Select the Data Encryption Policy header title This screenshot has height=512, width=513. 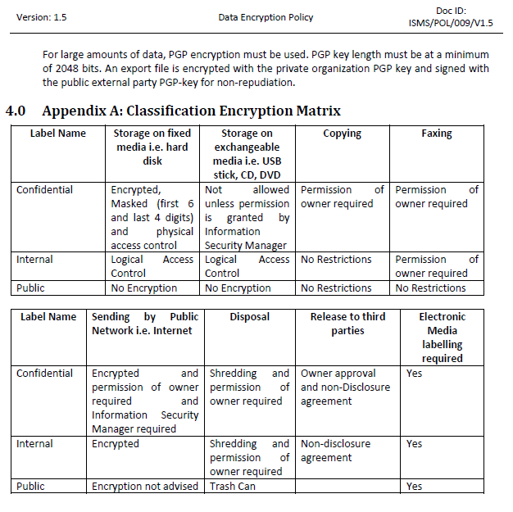(x=266, y=17)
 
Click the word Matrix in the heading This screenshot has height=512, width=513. (x=313, y=111)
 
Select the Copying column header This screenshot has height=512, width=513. (x=342, y=133)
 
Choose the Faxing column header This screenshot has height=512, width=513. (x=437, y=133)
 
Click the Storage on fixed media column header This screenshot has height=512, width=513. (x=152, y=147)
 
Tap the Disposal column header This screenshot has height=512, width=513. (x=249, y=316)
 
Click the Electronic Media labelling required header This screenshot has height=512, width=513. (x=442, y=337)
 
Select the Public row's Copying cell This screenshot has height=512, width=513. (x=337, y=288)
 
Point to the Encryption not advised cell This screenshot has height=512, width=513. (x=145, y=486)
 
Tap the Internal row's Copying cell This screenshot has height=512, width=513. (x=337, y=260)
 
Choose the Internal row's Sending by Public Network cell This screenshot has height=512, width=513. (x=116, y=443)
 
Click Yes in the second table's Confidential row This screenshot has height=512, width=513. (x=415, y=373)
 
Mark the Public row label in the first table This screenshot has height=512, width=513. (x=31, y=288)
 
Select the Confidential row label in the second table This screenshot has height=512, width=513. (x=45, y=373)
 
